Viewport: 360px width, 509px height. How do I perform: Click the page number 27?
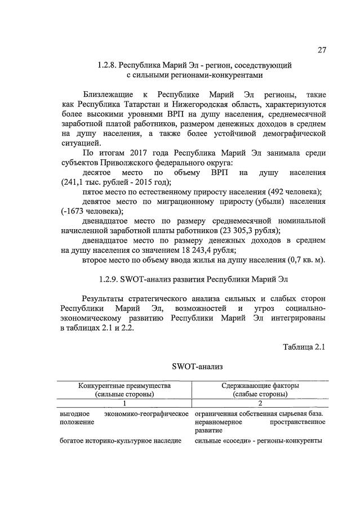point(321,50)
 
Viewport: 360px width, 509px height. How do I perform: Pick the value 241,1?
point(73,182)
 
